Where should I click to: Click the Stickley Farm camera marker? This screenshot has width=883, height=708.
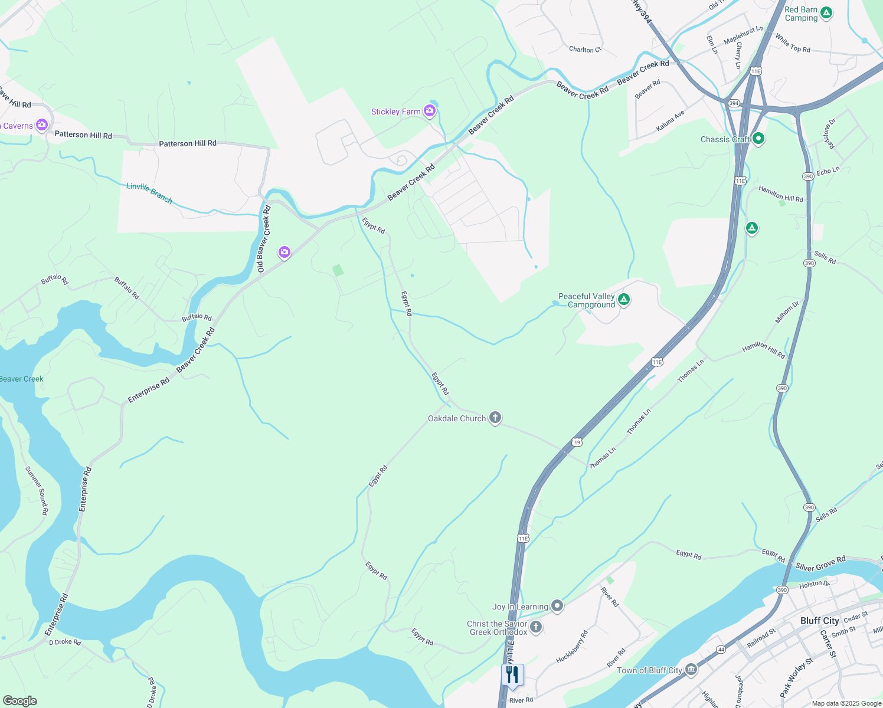click(x=430, y=110)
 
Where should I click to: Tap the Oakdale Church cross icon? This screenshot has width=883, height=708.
click(x=495, y=418)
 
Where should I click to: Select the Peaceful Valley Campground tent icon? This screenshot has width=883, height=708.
click(x=624, y=300)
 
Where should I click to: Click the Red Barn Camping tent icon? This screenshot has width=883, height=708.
click(x=826, y=12)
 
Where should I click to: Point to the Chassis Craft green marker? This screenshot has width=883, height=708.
click(x=758, y=139)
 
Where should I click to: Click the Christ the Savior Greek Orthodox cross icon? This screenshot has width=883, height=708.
click(x=536, y=627)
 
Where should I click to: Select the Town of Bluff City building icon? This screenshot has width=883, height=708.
click(x=691, y=670)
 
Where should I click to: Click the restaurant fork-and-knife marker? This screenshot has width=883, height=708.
click(x=512, y=674)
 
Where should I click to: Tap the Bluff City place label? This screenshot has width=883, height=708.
click(x=819, y=621)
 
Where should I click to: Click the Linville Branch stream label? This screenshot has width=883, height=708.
click(x=149, y=193)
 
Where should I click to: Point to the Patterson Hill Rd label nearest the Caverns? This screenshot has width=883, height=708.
click(x=83, y=135)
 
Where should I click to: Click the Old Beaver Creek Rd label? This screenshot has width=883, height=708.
click(x=264, y=238)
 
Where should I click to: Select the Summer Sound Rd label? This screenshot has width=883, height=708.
click(x=37, y=490)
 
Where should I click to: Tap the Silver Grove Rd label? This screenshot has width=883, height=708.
click(x=820, y=563)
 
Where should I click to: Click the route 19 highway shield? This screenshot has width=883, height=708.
click(x=577, y=442)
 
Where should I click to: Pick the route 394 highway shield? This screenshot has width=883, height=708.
click(x=734, y=103)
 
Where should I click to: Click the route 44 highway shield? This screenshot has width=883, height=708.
click(x=721, y=649)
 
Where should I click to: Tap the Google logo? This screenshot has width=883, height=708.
click(x=19, y=701)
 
